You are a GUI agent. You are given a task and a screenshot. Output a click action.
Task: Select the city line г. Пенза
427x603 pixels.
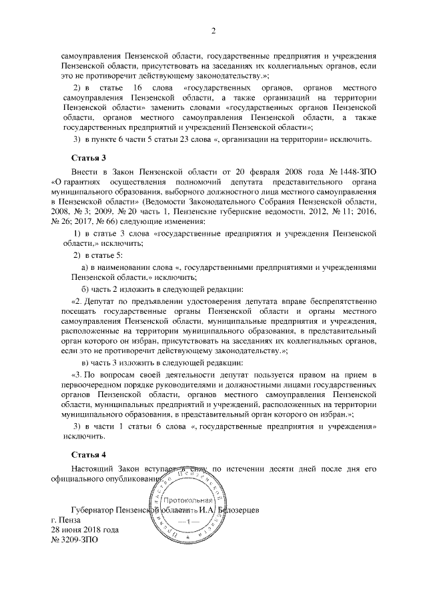[65, 520]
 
